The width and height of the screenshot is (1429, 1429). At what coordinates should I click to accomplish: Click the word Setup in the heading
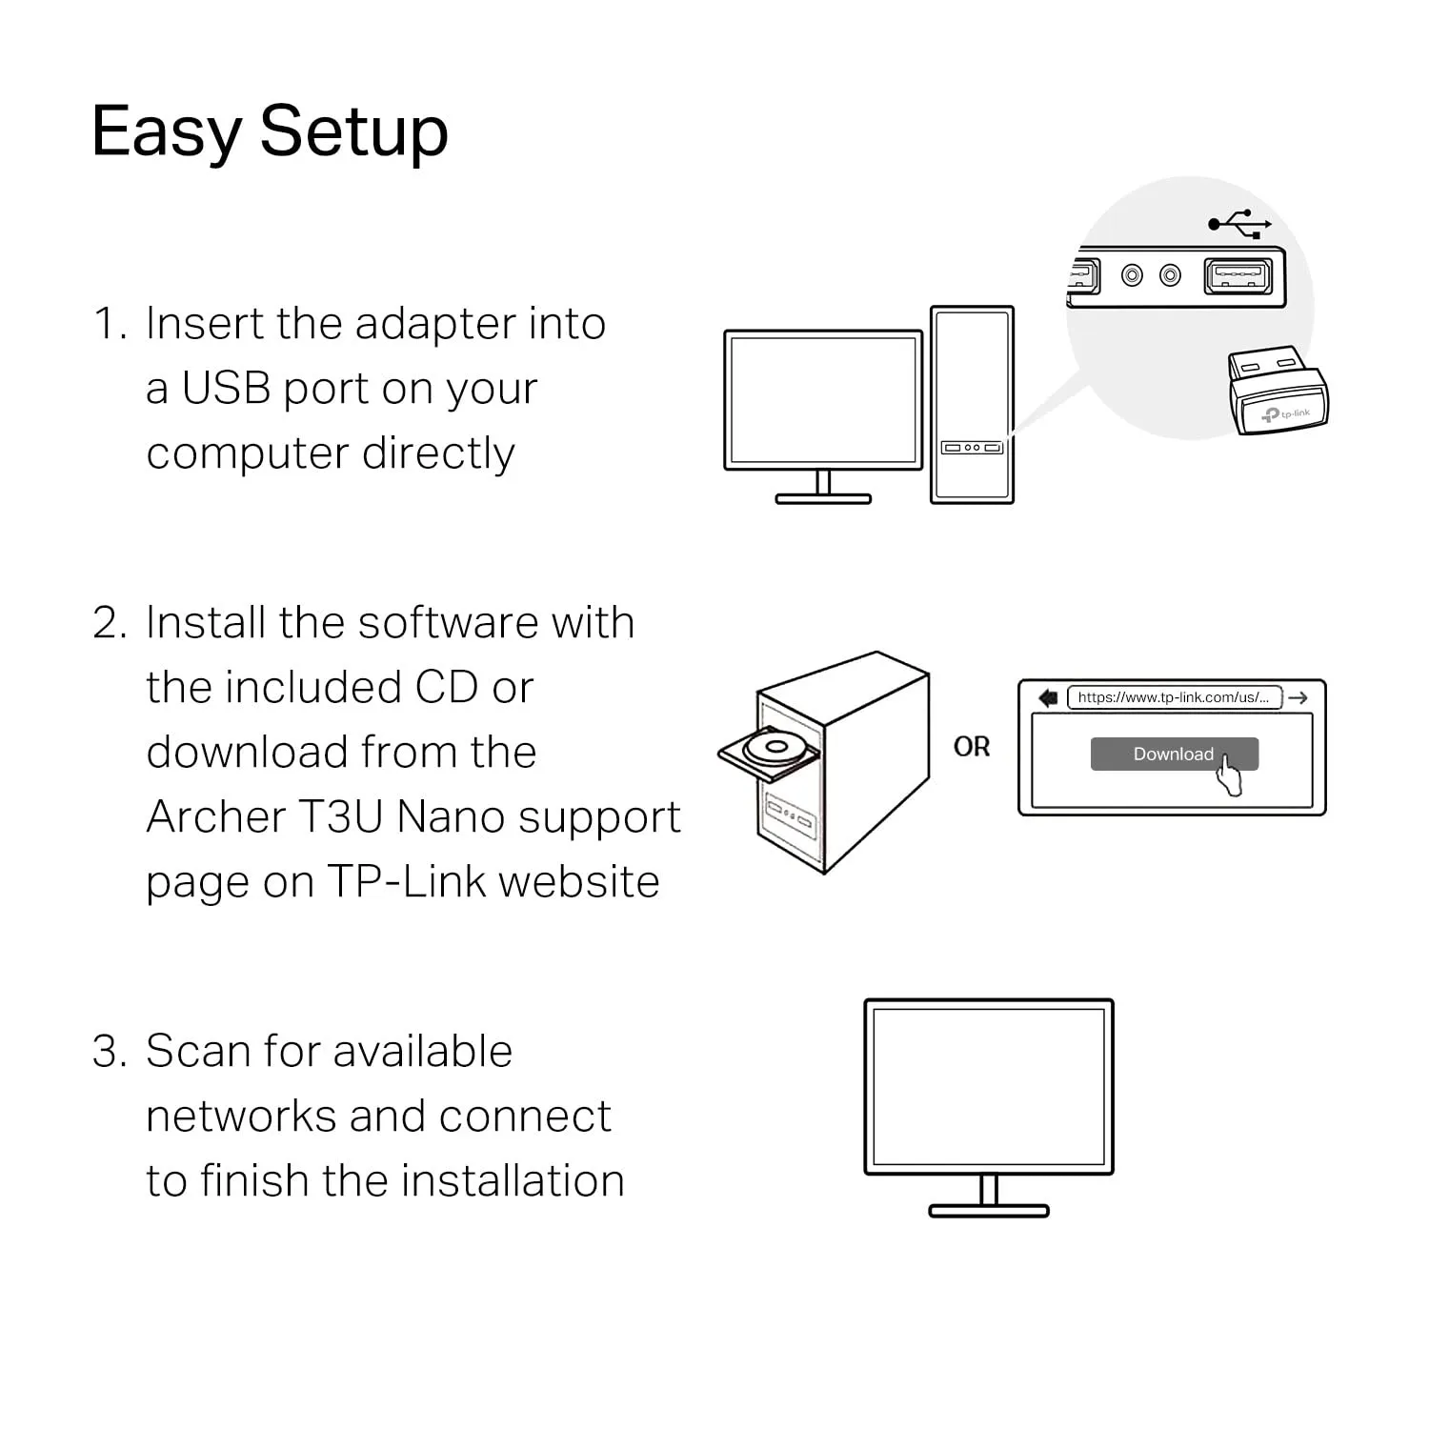[x=353, y=132]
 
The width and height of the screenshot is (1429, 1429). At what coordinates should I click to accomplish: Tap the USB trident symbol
[x=1238, y=224]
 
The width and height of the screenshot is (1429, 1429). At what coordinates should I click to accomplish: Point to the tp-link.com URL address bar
[x=1174, y=697]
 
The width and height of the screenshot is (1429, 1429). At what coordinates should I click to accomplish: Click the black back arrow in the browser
[x=1048, y=698]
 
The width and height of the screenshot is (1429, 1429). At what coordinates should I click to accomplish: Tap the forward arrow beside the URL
[x=1298, y=698]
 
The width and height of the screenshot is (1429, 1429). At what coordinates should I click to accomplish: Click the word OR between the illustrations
[x=972, y=747]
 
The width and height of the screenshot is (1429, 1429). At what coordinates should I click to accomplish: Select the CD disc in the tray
[x=773, y=746]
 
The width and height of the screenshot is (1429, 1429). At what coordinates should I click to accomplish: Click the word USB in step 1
[x=226, y=389]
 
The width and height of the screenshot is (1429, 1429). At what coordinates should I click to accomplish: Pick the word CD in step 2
[x=447, y=688]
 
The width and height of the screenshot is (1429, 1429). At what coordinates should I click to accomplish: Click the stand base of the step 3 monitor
[x=988, y=1211]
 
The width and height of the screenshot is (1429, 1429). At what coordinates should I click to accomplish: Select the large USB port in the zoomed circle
[x=1238, y=276]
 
